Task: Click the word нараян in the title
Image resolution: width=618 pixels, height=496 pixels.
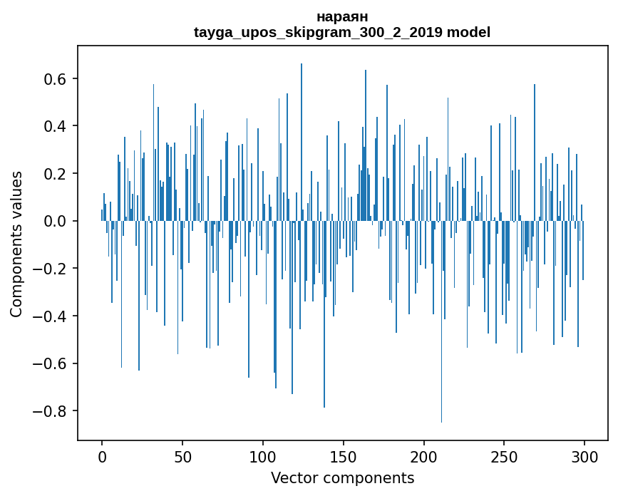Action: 341,16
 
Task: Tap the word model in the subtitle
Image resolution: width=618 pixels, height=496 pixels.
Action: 468,32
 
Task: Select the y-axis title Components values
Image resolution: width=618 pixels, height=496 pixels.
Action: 16,244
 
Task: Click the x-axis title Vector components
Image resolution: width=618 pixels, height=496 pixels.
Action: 342,477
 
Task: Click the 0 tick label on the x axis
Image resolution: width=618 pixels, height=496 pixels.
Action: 102,455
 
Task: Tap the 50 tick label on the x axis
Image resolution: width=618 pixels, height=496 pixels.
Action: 182,455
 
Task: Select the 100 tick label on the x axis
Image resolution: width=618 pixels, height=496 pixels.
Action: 263,455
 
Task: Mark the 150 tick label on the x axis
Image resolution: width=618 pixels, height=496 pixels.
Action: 344,455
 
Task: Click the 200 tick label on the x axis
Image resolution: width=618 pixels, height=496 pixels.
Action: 424,455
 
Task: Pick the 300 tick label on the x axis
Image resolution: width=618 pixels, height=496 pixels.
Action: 584,455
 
